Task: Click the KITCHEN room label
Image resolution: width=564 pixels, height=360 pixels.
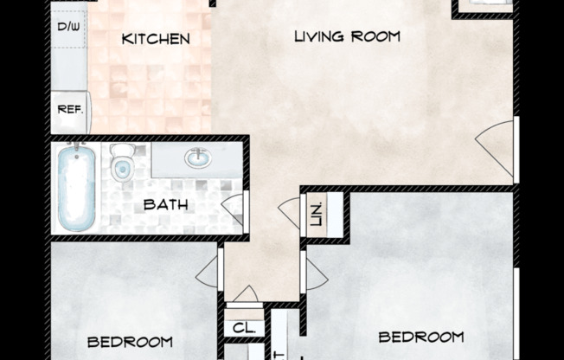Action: click(x=155, y=38)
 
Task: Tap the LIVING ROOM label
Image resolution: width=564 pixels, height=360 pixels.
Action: click(x=347, y=36)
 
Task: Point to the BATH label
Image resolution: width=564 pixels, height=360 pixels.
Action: click(x=161, y=205)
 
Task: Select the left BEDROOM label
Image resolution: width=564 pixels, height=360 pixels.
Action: click(x=130, y=341)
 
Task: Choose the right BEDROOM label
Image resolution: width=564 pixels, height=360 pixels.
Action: click(x=421, y=337)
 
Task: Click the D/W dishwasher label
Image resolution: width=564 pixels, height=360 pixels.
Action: click(x=67, y=27)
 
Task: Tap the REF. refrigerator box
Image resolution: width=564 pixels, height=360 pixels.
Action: click(x=69, y=111)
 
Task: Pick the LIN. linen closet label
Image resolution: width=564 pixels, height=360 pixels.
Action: click(x=316, y=212)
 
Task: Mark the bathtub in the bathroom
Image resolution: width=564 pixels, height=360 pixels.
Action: click(x=75, y=188)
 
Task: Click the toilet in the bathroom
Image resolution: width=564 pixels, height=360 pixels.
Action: click(x=122, y=163)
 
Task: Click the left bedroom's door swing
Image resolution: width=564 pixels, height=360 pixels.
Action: click(x=208, y=273)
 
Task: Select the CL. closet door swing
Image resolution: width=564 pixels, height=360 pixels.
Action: click(x=246, y=295)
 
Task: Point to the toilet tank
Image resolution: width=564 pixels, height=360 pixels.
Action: click(x=121, y=149)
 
